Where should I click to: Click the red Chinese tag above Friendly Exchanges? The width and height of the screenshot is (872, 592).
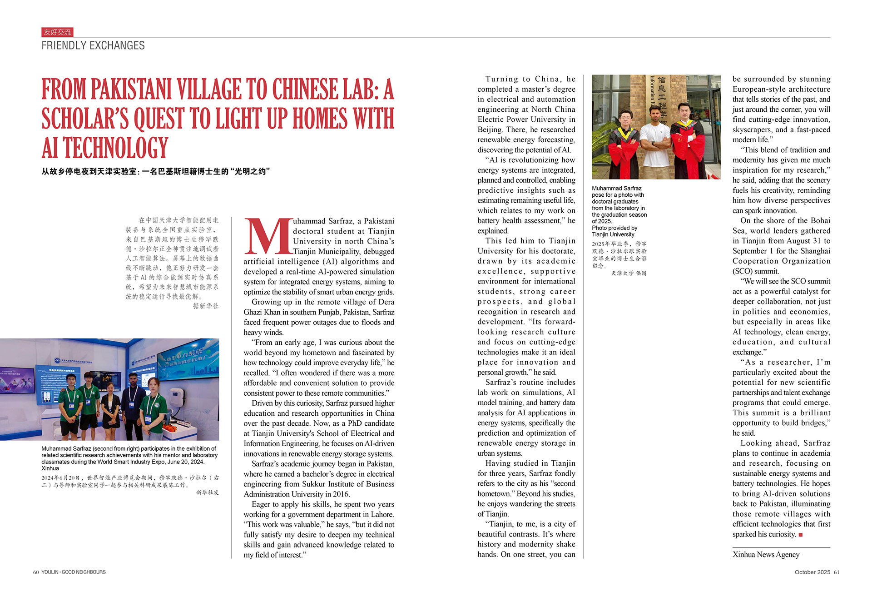57,32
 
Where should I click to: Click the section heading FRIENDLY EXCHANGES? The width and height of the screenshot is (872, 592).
93,45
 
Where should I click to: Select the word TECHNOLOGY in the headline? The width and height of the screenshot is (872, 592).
116,148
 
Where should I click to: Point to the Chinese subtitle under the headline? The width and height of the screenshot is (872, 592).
156,171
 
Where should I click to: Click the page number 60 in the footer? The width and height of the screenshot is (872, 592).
36,572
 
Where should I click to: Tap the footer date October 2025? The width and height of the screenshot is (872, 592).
813,572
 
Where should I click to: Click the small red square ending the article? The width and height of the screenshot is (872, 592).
800,535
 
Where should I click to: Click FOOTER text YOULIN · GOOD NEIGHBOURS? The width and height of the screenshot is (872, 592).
74,572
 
